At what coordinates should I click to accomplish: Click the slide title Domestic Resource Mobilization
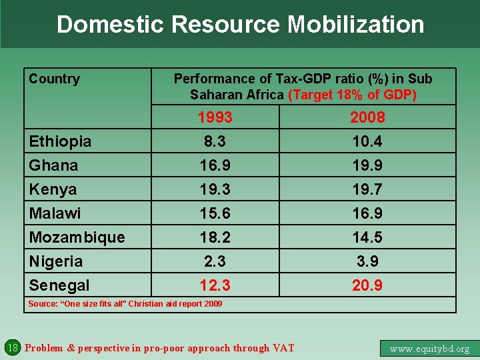coord(240,25)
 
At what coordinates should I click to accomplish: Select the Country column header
coord(54,79)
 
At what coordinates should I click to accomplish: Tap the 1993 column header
coord(215,117)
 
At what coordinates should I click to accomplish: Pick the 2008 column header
coord(367,117)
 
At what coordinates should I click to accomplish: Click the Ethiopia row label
coord(60,141)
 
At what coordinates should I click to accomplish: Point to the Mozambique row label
coord(77,237)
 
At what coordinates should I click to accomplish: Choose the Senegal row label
coord(59,285)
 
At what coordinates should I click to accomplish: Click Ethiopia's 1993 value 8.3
coord(215,141)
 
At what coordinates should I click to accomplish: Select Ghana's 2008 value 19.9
coord(367,165)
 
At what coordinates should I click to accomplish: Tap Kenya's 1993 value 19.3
coord(215,189)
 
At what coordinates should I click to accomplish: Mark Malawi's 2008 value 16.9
coord(367,213)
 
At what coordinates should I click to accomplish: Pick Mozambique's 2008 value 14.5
coord(367,237)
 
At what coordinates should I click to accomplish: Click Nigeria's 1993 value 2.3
coord(215,261)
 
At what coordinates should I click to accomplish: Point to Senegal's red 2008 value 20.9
coord(367,285)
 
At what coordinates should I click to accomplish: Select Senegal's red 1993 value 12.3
coord(215,285)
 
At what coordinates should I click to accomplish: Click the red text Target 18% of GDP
coord(353,95)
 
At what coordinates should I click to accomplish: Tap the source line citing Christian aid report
coord(125,304)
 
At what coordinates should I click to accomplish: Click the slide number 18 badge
coord(12,347)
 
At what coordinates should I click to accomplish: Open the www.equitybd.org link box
coord(429,348)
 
